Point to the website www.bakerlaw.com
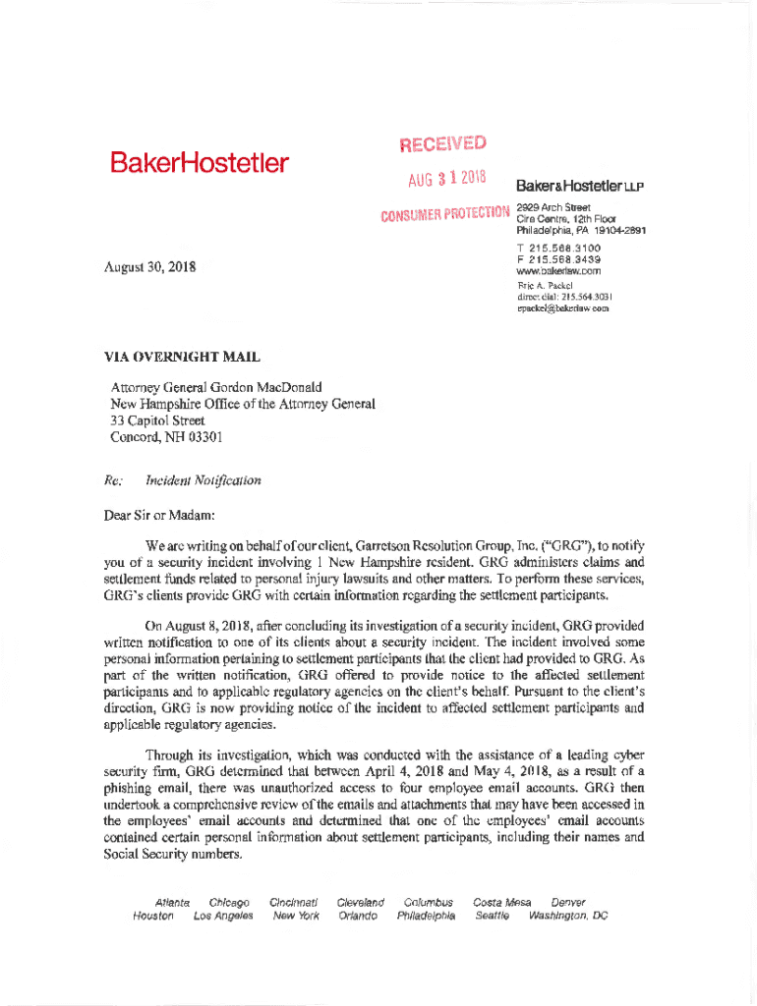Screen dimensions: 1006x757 (x=557, y=270)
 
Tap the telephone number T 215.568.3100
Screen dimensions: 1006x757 (x=557, y=249)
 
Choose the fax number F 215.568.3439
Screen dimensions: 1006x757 (x=557, y=259)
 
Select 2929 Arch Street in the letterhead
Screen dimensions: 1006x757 (x=553, y=208)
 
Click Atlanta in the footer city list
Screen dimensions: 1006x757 (x=172, y=902)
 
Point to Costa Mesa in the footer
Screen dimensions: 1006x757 (x=502, y=902)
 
